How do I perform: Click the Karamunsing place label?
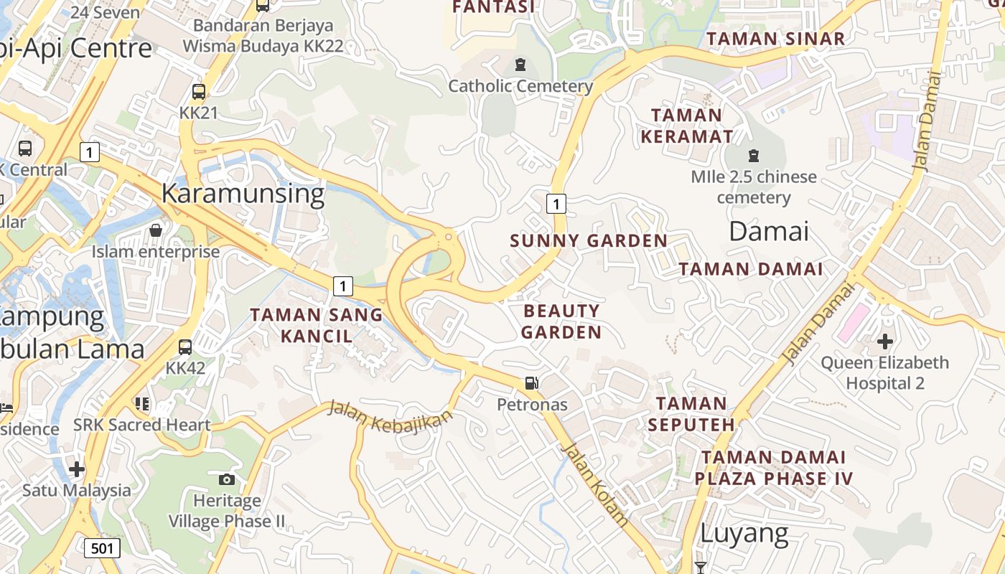[243, 194]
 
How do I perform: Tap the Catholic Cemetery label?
[520, 87]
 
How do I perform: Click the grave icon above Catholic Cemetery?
[520, 65]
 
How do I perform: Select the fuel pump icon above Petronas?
[531, 383]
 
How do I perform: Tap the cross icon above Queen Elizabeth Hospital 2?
[884, 341]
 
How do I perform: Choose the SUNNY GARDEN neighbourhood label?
[589, 241]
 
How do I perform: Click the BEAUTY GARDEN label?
[561, 321]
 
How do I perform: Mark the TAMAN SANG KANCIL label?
[316, 325]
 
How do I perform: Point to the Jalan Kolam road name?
[595, 485]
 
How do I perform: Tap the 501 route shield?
[102, 549]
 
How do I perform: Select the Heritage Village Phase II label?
[227, 511]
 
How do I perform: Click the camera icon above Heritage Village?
[227, 479]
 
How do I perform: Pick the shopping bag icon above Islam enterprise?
[155, 230]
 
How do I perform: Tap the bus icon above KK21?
[199, 92]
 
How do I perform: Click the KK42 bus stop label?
[185, 368]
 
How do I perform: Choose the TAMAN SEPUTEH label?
[691, 414]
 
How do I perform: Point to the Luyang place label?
[744, 533]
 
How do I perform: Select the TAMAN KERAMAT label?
[687, 126]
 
